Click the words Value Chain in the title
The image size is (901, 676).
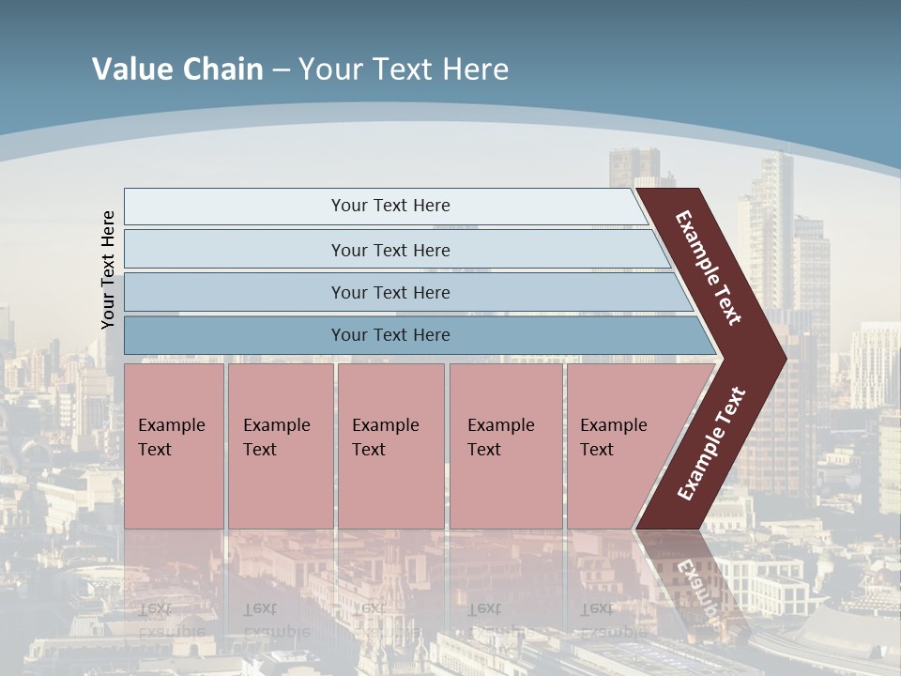click(x=177, y=69)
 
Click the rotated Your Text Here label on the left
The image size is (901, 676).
click(x=109, y=269)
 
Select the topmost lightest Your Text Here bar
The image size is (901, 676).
click(x=235, y=206)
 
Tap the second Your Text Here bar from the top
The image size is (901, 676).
click(x=235, y=250)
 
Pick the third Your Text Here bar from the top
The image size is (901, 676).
click(x=235, y=292)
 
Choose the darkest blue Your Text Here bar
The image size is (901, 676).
click(x=235, y=335)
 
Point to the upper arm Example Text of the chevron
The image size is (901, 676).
click(x=709, y=268)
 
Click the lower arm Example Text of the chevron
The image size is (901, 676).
click(x=711, y=444)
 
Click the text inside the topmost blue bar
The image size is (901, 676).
click(x=390, y=206)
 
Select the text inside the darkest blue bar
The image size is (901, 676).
click(x=390, y=335)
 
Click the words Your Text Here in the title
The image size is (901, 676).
click(x=404, y=69)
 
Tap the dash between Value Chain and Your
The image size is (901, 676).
click(x=281, y=70)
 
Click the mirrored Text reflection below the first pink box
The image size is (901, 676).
click(x=155, y=608)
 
